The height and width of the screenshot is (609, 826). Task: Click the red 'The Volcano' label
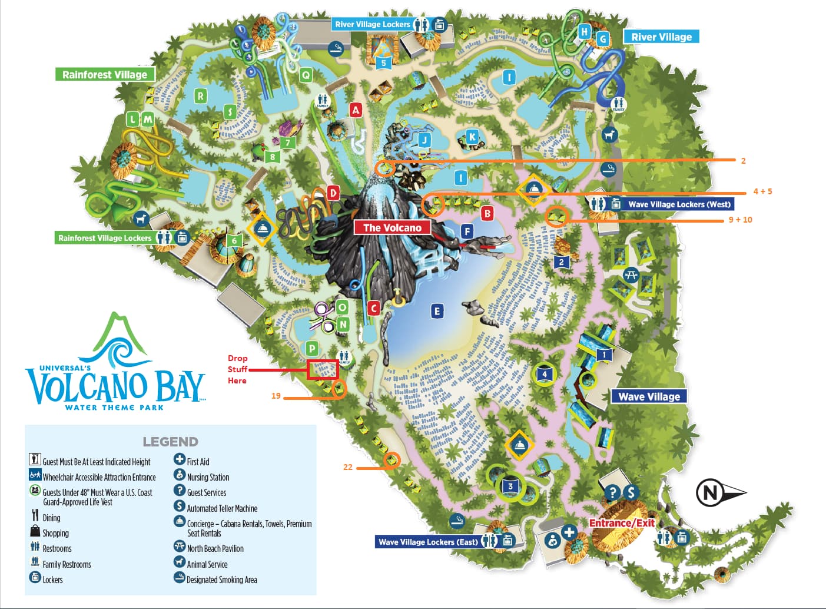(392, 227)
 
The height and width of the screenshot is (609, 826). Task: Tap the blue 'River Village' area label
(661, 37)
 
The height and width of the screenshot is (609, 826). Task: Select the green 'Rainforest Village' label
(105, 74)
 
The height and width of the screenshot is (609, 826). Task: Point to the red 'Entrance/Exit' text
(622, 523)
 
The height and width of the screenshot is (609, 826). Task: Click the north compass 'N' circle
(710, 492)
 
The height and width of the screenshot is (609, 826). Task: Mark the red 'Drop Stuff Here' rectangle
(323, 369)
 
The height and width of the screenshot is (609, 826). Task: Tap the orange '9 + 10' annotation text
(740, 220)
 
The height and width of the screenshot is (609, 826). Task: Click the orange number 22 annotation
(348, 467)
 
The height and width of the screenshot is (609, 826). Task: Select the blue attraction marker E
(436, 311)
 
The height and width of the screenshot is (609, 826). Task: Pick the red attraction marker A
(355, 110)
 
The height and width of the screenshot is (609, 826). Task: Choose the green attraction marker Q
(306, 75)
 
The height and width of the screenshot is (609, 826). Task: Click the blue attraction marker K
(472, 137)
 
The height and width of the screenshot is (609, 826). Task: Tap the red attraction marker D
(333, 193)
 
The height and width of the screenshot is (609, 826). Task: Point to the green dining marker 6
(234, 240)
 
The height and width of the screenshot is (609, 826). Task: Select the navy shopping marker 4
(545, 374)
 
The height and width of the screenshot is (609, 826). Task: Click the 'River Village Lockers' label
(372, 24)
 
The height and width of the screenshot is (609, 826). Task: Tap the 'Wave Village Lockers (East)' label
(428, 542)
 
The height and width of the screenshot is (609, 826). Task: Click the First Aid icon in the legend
(180, 459)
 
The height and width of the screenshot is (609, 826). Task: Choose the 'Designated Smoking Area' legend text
(222, 580)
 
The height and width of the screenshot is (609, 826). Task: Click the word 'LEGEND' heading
(170, 441)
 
